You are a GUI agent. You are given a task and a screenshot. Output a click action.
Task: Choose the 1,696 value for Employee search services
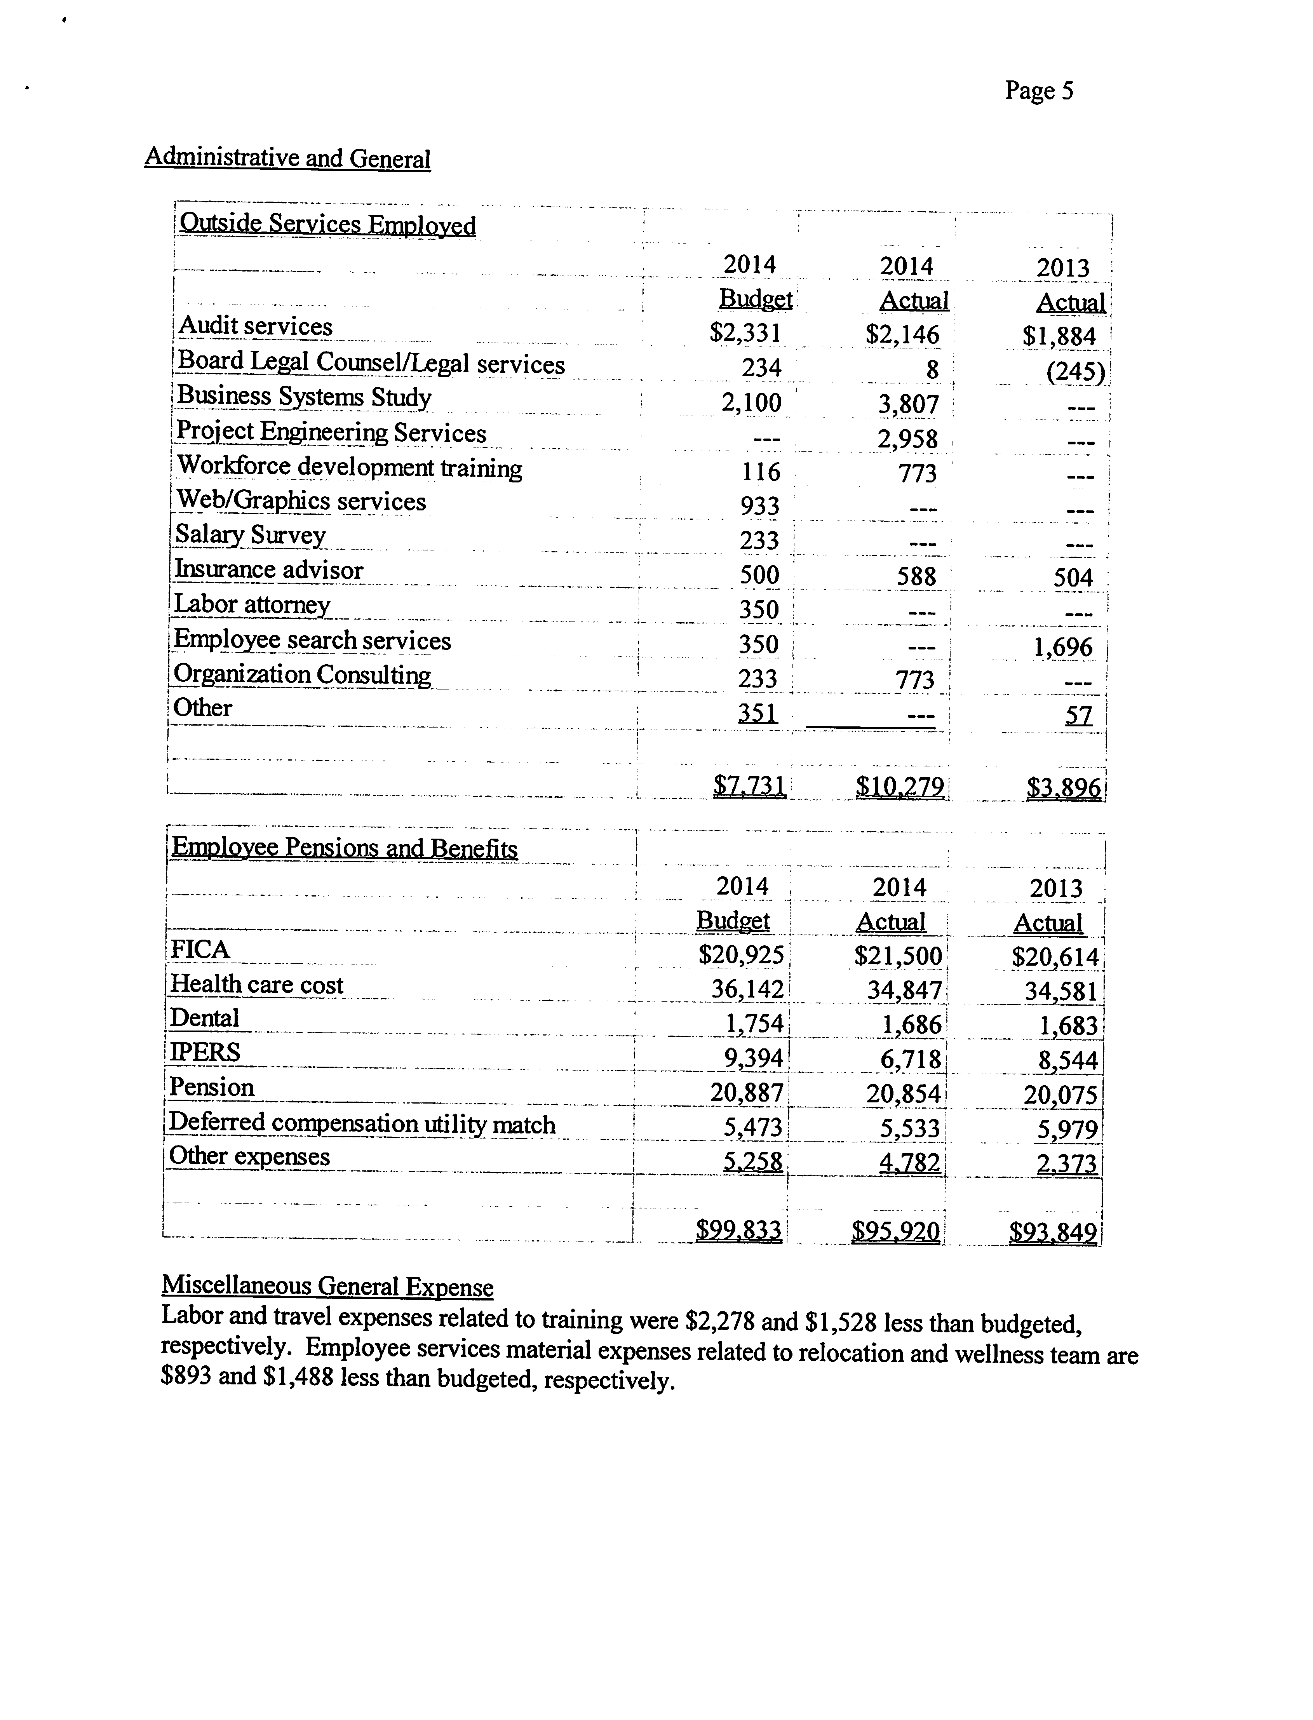coord(1062,647)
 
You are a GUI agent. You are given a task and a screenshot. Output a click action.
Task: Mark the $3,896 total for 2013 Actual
coord(1064,788)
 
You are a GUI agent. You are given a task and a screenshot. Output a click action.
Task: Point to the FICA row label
coord(200,949)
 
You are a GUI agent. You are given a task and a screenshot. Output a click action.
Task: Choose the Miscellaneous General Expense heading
coord(327,1286)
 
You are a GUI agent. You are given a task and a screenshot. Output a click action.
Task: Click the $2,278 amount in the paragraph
coord(719,1321)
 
